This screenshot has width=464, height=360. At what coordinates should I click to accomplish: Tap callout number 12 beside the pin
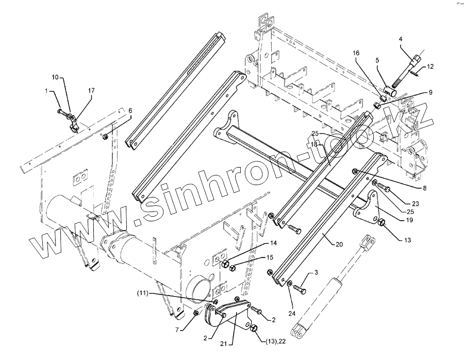point(430,66)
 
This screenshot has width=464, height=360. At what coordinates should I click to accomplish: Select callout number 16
point(355,53)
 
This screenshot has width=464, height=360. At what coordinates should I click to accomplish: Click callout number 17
point(91,91)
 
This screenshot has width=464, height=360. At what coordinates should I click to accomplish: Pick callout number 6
point(130,110)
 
